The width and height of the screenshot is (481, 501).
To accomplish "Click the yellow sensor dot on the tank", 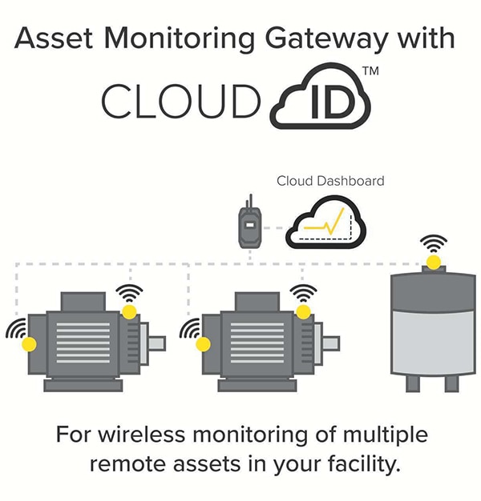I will pyautogui.click(x=433, y=262).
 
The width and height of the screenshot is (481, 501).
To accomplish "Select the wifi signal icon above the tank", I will pyautogui.click(x=434, y=242).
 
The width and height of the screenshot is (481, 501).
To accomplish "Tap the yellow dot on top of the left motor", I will pyautogui.click(x=128, y=310).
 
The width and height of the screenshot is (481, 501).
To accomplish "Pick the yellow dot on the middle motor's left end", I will pyautogui.click(x=204, y=344).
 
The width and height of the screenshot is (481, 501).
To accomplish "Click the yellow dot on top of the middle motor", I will pyautogui.click(x=303, y=310).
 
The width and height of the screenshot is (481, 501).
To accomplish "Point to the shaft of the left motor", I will pyautogui.click(x=156, y=343).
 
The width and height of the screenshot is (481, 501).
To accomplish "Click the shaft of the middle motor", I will pyautogui.click(x=330, y=343).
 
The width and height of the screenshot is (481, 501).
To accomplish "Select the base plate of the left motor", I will pyautogui.click(x=83, y=385).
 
